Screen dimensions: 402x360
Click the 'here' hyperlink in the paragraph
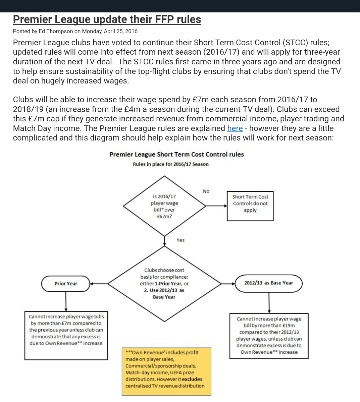click(235, 128)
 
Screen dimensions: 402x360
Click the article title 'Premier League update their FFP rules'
click(107, 19)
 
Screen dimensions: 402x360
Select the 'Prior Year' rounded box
click(66, 284)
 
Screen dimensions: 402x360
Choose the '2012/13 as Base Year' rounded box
click(268, 283)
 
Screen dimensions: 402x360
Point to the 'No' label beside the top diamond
click(206, 191)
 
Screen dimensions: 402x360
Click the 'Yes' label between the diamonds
click(181, 240)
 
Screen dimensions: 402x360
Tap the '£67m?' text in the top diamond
click(164, 217)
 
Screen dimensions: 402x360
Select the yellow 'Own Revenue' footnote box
click(166, 371)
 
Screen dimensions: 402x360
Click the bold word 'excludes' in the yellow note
click(192, 379)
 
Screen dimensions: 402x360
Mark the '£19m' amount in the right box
click(289, 326)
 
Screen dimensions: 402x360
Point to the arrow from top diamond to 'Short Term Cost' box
click(216, 206)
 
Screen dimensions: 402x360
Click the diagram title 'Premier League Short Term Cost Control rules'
click(176, 155)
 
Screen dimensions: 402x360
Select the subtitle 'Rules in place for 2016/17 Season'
click(170, 164)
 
